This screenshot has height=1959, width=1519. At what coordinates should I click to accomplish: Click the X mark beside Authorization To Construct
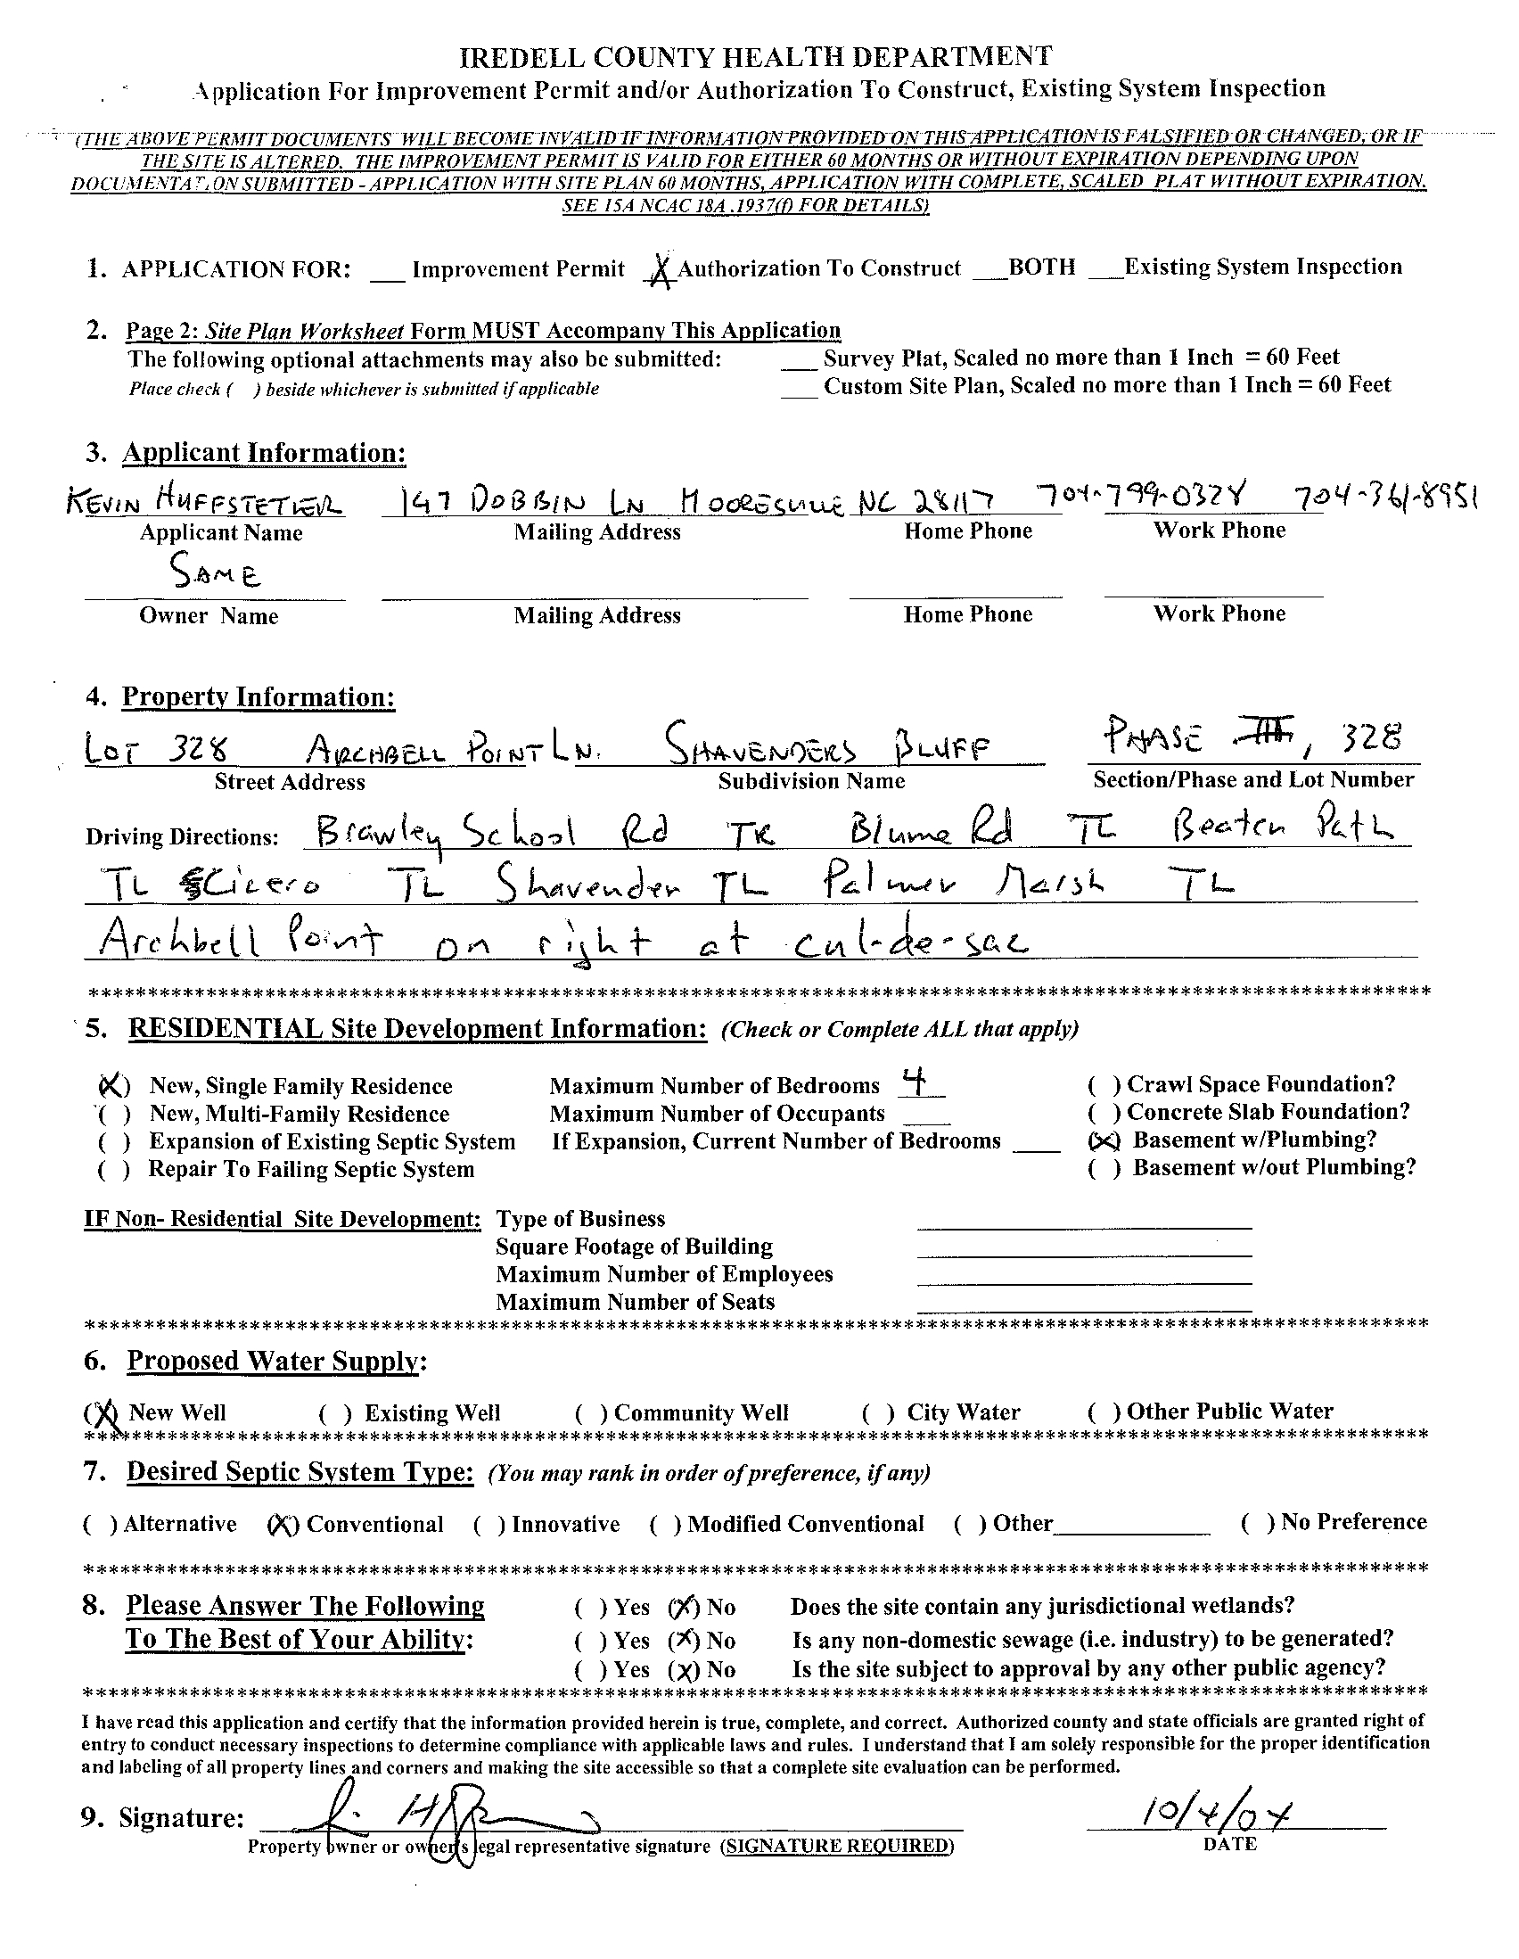click(x=661, y=268)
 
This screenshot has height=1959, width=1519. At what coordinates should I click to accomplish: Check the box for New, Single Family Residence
click(x=113, y=1086)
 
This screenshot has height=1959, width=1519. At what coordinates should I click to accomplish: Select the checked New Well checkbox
click(x=103, y=1412)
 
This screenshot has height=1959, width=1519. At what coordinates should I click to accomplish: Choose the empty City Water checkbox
click(x=878, y=1412)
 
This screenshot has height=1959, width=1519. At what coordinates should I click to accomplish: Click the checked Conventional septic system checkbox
click(x=283, y=1525)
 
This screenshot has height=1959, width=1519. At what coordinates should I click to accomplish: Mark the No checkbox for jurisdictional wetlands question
click(x=683, y=1607)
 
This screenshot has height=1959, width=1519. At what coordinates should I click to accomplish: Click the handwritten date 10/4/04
click(x=1215, y=1815)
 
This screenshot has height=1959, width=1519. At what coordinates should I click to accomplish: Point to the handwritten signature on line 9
click(x=448, y=1821)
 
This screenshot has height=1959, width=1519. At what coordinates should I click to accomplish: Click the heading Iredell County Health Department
click(x=756, y=57)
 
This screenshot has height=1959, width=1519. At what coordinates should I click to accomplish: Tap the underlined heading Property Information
click(x=259, y=697)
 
